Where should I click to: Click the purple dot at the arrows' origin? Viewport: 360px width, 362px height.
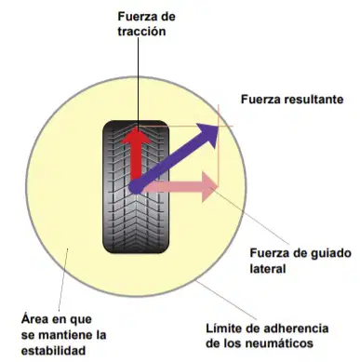click(136, 187)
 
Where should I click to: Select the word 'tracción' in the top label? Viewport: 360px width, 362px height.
click(141, 32)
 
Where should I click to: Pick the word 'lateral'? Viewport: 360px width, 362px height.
click(268, 268)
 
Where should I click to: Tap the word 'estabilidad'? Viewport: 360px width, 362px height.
click(53, 351)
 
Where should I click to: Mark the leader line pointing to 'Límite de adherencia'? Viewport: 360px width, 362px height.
click(226, 300)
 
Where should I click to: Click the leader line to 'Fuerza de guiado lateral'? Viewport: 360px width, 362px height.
click(249, 216)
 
